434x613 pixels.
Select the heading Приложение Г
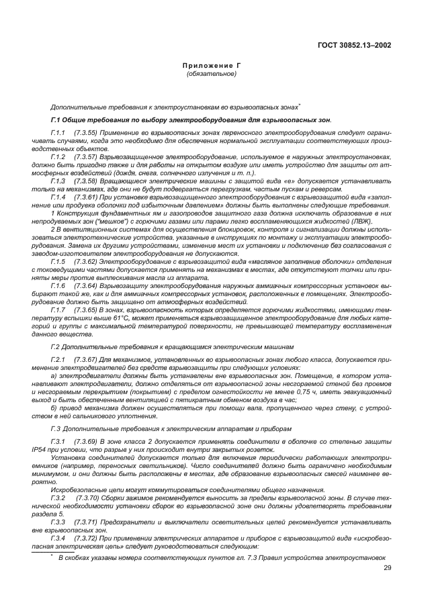(x=212, y=67)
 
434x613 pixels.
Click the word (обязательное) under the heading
(x=212, y=75)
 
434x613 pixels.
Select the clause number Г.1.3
(x=57, y=181)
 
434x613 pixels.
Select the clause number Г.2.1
(x=57, y=361)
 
